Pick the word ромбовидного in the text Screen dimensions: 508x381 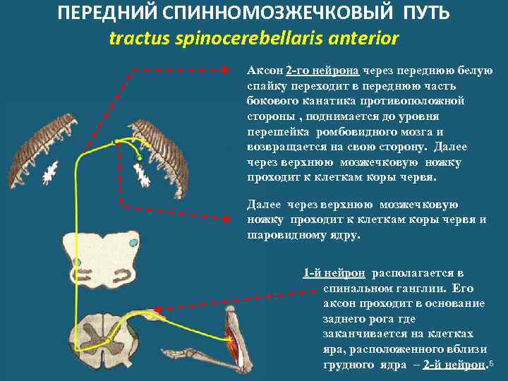(350, 132)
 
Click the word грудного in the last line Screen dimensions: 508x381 (346, 365)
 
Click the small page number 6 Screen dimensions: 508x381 (491, 363)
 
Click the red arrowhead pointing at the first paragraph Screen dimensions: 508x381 (225, 71)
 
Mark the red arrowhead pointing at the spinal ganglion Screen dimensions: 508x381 (157, 310)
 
